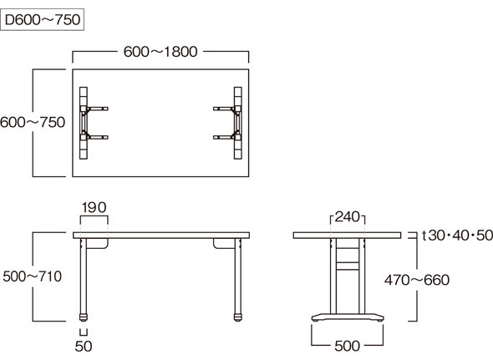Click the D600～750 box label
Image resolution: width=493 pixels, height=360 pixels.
[x=42, y=19]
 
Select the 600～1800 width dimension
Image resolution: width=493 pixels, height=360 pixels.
[x=160, y=52]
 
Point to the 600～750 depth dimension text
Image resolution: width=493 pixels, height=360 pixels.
[x=33, y=122]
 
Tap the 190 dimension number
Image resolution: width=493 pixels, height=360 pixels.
[x=94, y=207]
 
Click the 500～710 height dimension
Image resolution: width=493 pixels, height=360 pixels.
[x=32, y=276]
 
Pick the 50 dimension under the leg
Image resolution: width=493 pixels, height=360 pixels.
[x=84, y=346]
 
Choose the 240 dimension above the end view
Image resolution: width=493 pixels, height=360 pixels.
[x=348, y=217]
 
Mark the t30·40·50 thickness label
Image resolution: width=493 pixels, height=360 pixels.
[x=457, y=236]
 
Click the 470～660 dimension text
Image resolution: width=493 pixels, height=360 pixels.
[x=417, y=280]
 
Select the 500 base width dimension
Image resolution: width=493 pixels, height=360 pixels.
[x=347, y=346]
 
